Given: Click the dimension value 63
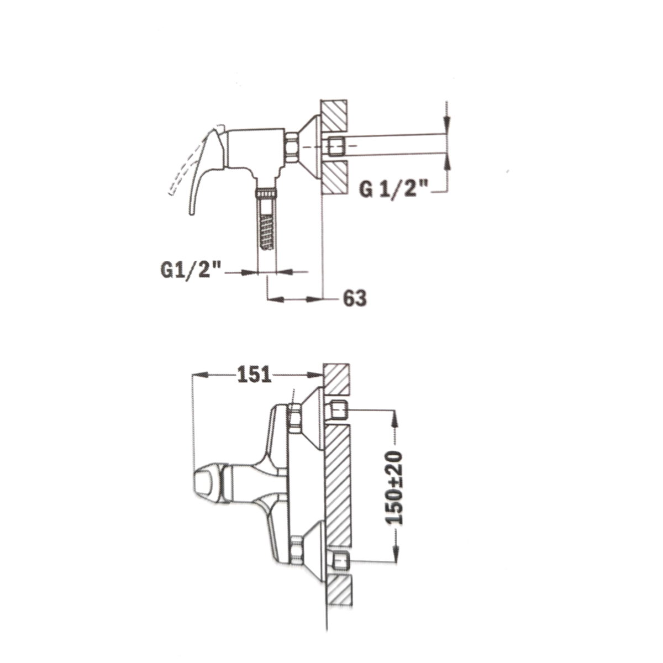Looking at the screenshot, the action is (x=355, y=299).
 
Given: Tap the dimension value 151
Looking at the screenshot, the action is (x=254, y=375).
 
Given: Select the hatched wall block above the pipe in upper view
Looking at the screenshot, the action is (x=334, y=115).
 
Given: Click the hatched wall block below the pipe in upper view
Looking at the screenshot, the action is (x=334, y=177).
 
